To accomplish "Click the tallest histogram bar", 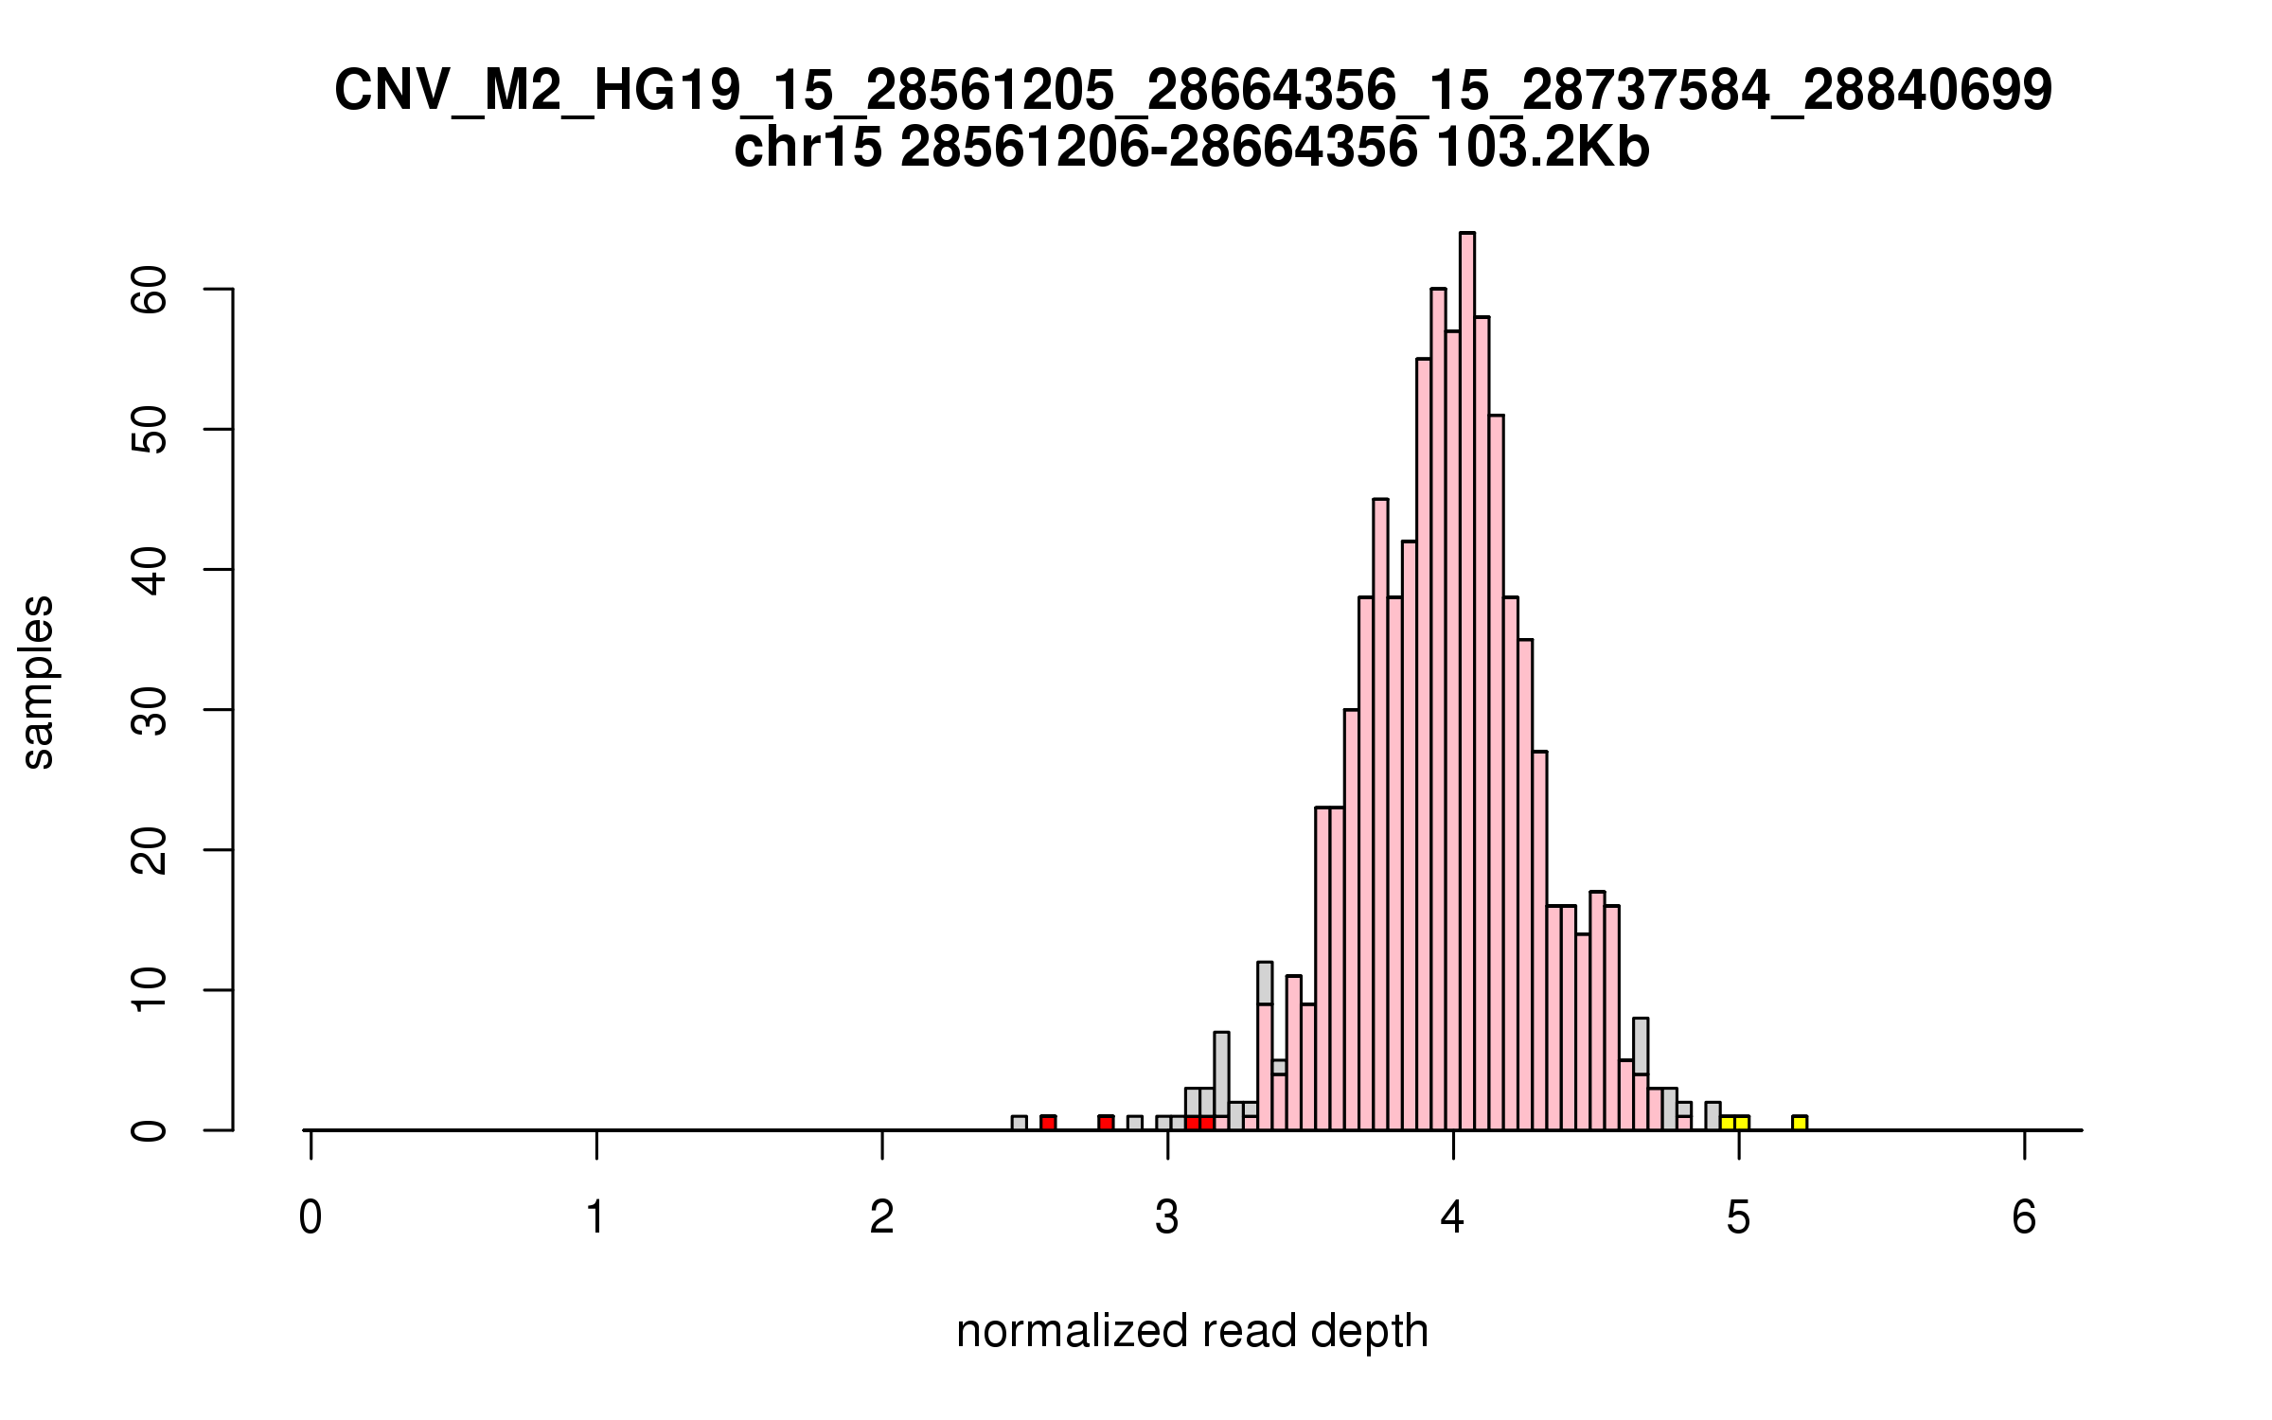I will [x=1466, y=682].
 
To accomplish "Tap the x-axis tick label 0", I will [x=311, y=1217].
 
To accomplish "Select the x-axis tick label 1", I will [x=595, y=1217].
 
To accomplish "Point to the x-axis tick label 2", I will [x=881, y=1217].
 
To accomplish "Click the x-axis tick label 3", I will [x=1167, y=1217].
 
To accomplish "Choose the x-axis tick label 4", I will [x=1453, y=1217].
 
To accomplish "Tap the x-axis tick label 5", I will [x=1738, y=1217].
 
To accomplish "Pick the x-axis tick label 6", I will [x=2024, y=1217].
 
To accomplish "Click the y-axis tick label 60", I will [x=150, y=289].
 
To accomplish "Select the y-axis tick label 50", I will [x=150, y=429].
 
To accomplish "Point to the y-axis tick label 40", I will [x=150, y=569].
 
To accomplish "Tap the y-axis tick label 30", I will [x=150, y=709].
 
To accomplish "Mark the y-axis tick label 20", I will [x=150, y=849].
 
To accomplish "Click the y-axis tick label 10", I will [x=150, y=989].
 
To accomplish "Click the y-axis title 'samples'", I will [x=38, y=682].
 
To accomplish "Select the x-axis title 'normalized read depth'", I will [x=1192, y=1331].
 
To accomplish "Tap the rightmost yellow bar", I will [x=1800, y=1123].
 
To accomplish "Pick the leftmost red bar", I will [x=1048, y=1123].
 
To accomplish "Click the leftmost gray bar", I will [x=1019, y=1123].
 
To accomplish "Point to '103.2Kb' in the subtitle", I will [x=1542, y=149].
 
